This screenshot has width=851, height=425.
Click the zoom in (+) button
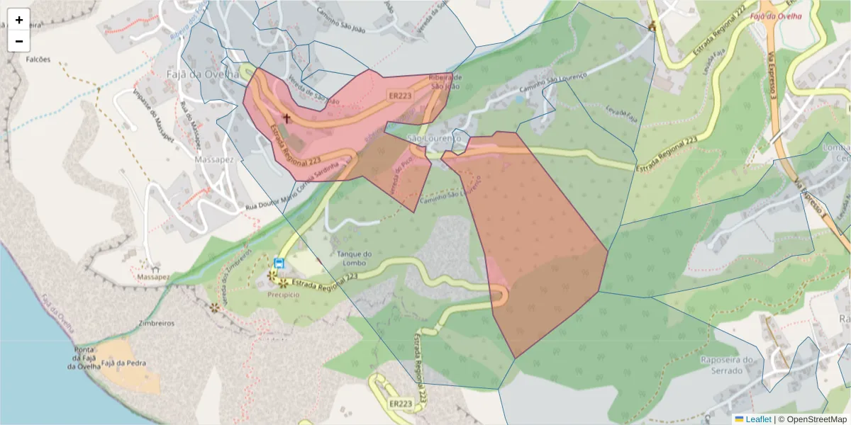click(19, 20)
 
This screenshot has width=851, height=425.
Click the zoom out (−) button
click(19, 41)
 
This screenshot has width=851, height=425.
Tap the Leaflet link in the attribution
click(758, 419)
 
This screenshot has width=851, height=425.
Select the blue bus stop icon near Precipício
click(279, 263)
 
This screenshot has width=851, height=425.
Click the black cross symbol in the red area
click(287, 118)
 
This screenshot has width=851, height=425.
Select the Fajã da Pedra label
click(123, 363)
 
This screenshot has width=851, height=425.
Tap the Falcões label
click(38, 59)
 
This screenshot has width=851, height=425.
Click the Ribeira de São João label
click(446, 81)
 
